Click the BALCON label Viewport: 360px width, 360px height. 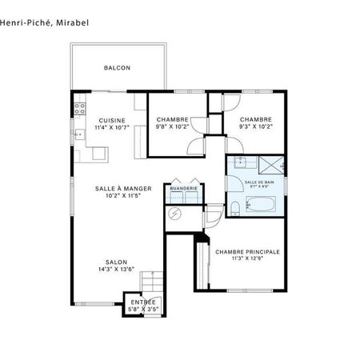point(117,68)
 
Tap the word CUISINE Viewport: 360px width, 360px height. point(113,120)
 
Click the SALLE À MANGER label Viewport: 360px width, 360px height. point(118,188)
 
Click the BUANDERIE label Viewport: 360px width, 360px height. point(184,188)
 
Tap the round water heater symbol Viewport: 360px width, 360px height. point(176,214)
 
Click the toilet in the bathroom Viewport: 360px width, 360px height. point(235,210)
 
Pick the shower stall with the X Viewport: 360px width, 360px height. point(273,166)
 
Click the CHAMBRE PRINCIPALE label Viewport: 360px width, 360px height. point(247,251)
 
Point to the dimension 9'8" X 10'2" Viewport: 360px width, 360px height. point(173,126)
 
